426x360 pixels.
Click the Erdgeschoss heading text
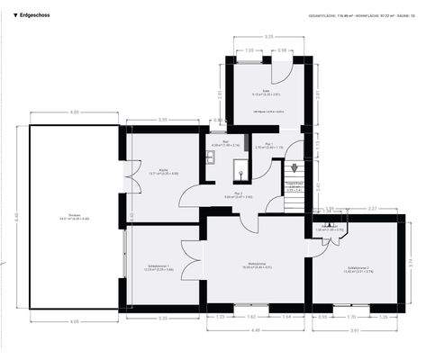[32, 14]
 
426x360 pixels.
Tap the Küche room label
[163, 172]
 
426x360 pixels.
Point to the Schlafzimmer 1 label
[159, 267]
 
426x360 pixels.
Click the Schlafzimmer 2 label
[358, 269]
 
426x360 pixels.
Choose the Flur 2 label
[239, 194]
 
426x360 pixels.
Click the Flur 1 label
[268, 146]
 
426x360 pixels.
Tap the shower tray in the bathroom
[241, 170]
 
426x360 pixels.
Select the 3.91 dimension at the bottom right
[354, 329]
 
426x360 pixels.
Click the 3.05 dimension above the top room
[268, 36]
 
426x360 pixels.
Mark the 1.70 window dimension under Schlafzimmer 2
[352, 317]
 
